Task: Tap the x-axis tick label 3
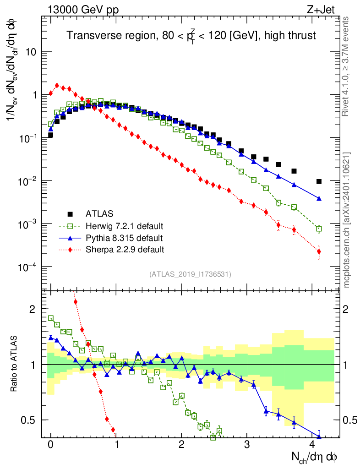click(x=247, y=444)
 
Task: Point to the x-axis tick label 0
click(x=51, y=444)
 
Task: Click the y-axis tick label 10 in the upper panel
click(x=31, y=52)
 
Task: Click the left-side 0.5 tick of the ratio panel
click(x=29, y=420)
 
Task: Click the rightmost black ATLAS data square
click(x=319, y=181)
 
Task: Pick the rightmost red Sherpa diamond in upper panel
click(x=319, y=251)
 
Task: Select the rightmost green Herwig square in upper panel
click(x=319, y=229)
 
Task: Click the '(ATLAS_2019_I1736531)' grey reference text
click(x=190, y=274)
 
